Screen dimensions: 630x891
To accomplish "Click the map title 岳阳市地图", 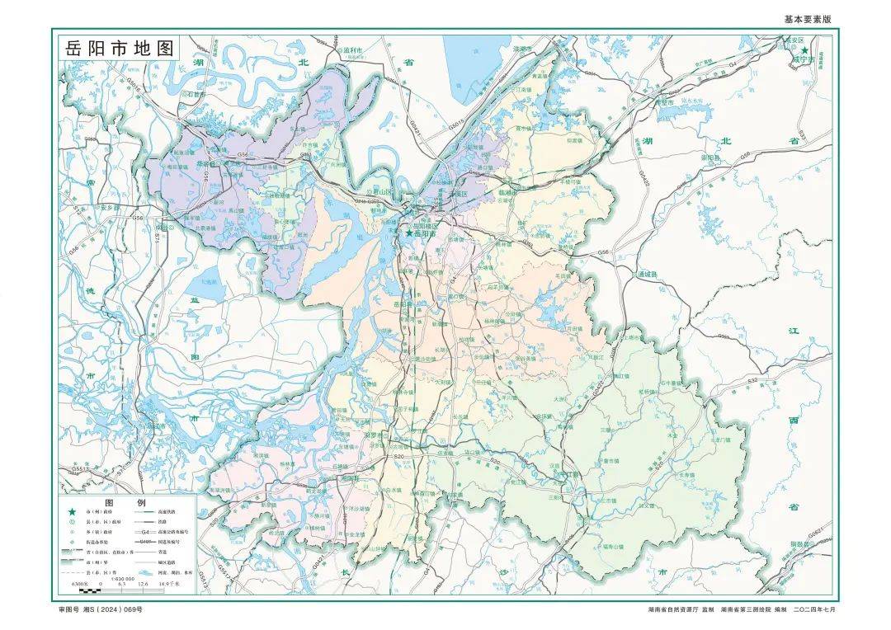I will pyautogui.click(x=121, y=48).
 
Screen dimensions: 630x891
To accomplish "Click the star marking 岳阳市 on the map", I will pyautogui.click(x=408, y=234).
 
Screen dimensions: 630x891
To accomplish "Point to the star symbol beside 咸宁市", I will pyautogui.click(x=805, y=50).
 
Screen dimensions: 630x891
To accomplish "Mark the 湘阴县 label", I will pyautogui.click(x=375, y=477).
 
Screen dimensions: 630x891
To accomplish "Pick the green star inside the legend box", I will pyautogui.click(x=71, y=513).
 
